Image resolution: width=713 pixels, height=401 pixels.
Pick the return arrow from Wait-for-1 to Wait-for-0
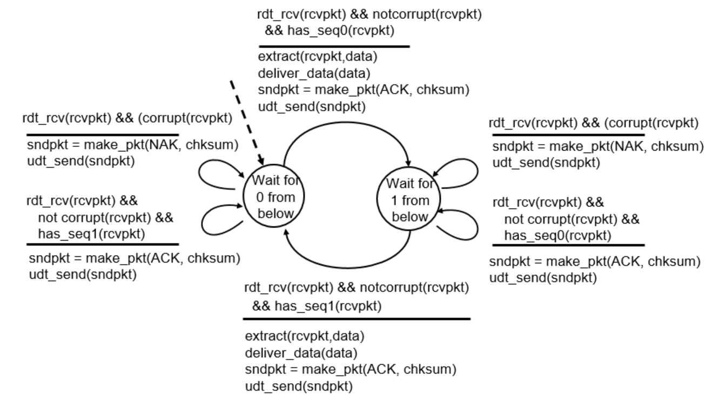(x=346, y=265)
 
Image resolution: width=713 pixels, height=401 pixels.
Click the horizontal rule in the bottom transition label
(x=356, y=319)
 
